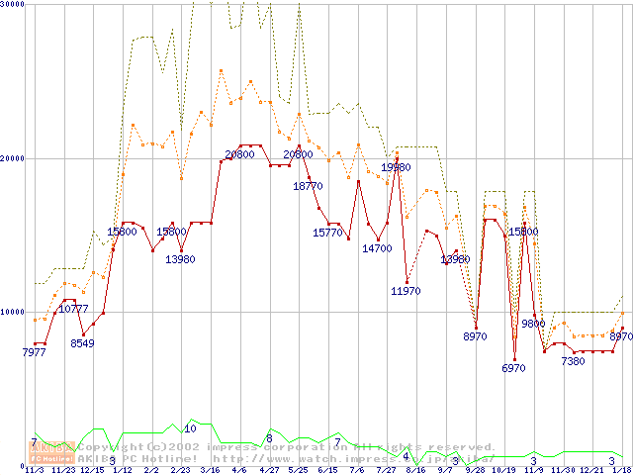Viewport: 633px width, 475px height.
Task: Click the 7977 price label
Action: click(35, 352)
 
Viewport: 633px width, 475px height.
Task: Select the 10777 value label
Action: click(74, 310)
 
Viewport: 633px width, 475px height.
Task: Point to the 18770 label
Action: click(308, 186)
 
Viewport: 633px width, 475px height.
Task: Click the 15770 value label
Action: click(327, 233)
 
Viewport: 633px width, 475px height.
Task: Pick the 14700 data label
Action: click(377, 249)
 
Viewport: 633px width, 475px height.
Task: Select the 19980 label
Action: click(396, 168)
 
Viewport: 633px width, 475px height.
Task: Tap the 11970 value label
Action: click(406, 291)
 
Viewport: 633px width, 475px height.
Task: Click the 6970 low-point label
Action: click(514, 368)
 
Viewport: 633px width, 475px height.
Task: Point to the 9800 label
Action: click(533, 324)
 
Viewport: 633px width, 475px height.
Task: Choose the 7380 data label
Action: click(573, 361)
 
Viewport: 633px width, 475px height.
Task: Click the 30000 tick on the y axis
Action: click(12, 5)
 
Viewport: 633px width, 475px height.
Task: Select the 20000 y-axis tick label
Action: click(12, 158)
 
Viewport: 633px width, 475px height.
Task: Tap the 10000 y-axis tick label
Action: click(12, 312)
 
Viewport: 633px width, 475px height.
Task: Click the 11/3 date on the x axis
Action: click(34, 470)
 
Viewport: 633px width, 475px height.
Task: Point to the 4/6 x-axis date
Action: click(239, 470)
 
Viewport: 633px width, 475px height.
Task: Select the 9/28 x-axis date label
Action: click(475, 470)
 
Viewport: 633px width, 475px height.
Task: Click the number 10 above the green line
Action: click(190, 428)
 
